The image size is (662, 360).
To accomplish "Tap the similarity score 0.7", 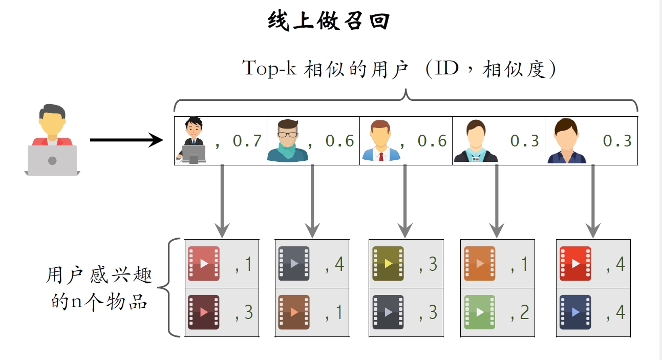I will (247, 141).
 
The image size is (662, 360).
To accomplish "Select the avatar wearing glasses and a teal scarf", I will (287, 140).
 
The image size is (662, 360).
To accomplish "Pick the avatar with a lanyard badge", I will (475, 141).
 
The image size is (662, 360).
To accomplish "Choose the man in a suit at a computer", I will (192, 140).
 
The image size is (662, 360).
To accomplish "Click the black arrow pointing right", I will (126, 139).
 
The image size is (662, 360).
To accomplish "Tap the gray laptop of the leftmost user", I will (52, 160).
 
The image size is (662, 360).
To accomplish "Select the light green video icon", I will (480, 312).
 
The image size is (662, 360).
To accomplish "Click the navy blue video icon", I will (575, 312).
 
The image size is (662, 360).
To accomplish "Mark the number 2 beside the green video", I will (524, 312).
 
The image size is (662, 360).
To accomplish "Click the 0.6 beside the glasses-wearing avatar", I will (339, 141).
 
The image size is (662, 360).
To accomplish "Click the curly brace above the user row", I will (405, 100).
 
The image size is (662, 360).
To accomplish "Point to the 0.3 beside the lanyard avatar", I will (525, 141).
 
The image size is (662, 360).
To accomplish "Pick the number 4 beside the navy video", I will (620, 312).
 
